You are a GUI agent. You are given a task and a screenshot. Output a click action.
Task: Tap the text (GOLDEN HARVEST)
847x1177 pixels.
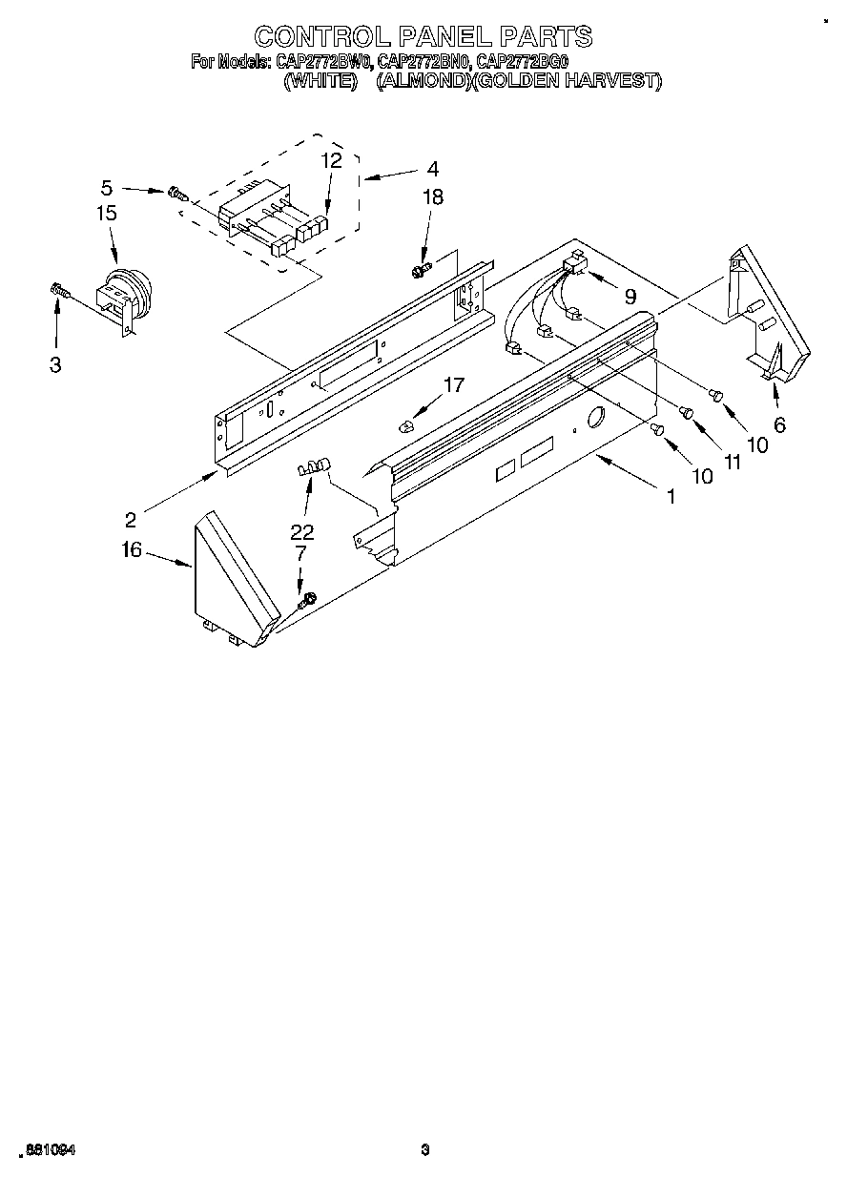566,81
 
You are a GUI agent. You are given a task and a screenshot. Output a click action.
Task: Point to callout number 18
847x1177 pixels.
433,197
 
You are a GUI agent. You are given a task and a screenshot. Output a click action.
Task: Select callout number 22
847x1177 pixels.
302,532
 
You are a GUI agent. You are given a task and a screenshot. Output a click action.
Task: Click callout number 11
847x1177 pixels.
732,462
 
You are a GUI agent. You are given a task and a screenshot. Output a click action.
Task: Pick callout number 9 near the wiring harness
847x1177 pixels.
630,297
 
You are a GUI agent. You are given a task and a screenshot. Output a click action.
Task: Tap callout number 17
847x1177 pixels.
453,384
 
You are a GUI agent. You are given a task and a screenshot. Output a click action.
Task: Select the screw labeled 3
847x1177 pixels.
59,290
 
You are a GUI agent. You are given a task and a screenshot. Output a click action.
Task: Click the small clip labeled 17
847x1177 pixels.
405,423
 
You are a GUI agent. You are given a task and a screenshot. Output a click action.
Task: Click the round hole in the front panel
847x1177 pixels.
595,418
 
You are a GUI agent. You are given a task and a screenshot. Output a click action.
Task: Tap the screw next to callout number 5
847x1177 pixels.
176,193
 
